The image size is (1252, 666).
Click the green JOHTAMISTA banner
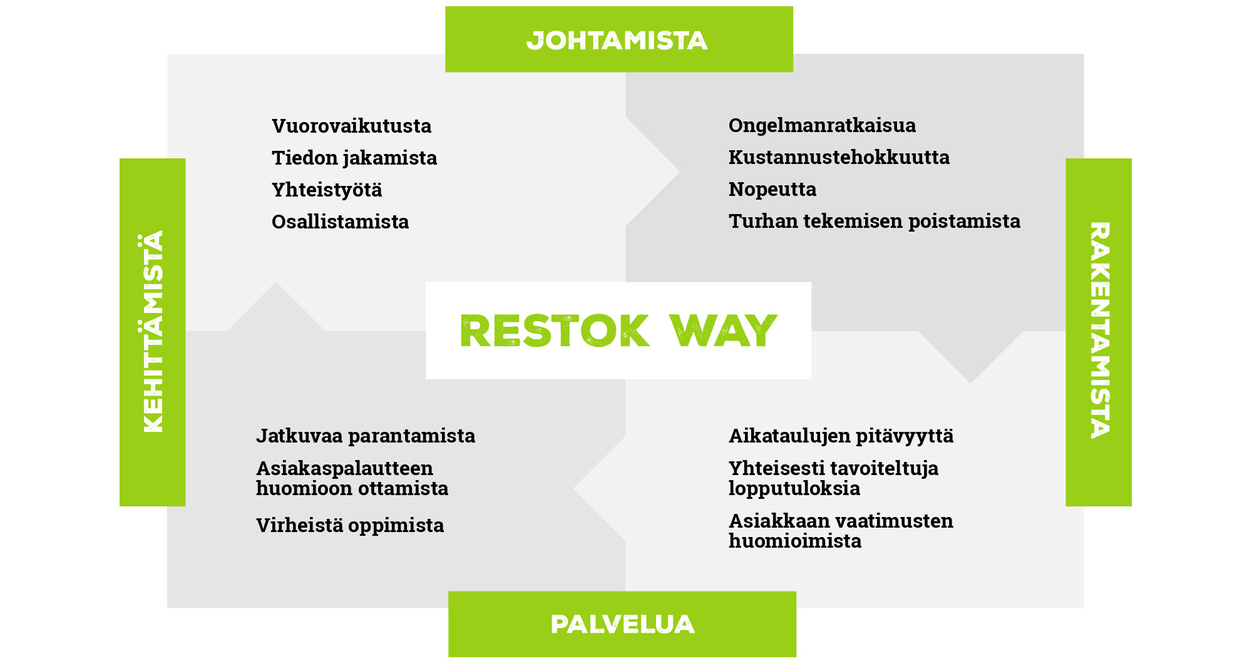pyautogui.click(x=618, y=39)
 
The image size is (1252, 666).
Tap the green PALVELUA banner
pyautogui.click(x=622, y=624)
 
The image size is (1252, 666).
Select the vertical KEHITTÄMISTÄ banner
pyautogui.click(x=152, y=332)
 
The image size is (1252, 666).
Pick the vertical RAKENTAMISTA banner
pyautogui.click(x=1099, y=332)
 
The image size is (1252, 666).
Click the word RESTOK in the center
pyautogui.click(x=555, y=330)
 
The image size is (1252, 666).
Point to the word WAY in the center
pyautogui.click(x=723, y=330)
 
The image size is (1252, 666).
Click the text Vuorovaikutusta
pyautogui.click(x=351, y=126)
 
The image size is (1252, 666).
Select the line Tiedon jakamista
pyautogui.click(x=354, y=158)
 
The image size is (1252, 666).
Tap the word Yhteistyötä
pyautogui.click(x=327, y=190)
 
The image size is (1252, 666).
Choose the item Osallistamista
pyautogui.click(x=340, y=222)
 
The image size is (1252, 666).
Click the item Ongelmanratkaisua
pyautogui.click(x=822, y=126)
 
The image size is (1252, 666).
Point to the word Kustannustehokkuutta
pyautogui.click(x=839, y=157)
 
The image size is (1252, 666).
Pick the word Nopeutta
pyautogui.click(x=772, y=190)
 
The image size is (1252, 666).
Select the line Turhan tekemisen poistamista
pyautogui.click(x=875, y=221)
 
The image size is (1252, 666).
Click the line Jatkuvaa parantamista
pyautogui.click(x=366, y=436)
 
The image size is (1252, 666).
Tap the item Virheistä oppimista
pyautogui.click(x=350, y=525)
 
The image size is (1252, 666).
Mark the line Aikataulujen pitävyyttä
pyautogui.click(x=841, y=436)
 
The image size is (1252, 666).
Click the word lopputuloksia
pyautogui.click(x=794, y=489)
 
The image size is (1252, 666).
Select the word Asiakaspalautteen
pyautogui.click(x=344, y=469)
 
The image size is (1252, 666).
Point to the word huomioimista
pyautogui.click(x=795, y=541)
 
